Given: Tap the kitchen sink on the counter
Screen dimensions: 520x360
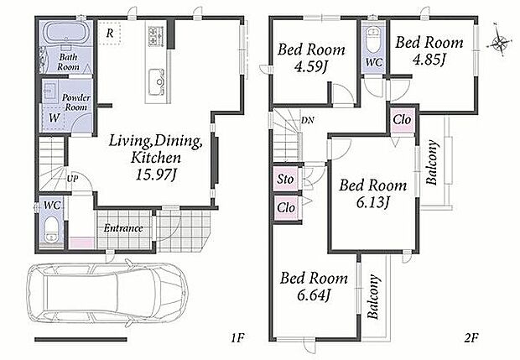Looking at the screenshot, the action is [x=157, y=81].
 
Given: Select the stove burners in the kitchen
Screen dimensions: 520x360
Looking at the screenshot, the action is [x=155, y=36].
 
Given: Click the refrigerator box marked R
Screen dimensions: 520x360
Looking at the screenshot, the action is [x=110, y=33].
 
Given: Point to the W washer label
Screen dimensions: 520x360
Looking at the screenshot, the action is [x=54, y=117].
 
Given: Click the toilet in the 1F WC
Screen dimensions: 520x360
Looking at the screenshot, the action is [x=51, y=229].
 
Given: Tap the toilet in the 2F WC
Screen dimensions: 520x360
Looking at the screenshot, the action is [x=373, y=39].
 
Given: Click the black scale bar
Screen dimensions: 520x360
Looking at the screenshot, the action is [x=81, y=339].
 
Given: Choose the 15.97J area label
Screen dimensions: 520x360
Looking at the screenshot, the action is [x=155, y=175].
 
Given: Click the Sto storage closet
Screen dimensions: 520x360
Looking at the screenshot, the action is [x=285, y=180].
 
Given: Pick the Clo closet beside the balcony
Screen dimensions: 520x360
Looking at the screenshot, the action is [x=402, y=119].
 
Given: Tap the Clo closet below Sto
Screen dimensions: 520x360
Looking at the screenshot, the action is [x=286, y=208].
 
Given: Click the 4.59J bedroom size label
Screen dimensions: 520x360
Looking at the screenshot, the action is [x=310, y=67].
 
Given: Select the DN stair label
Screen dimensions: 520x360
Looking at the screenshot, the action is [x=308, y=120].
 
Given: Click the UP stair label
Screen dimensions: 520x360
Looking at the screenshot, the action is [x=72, y=179].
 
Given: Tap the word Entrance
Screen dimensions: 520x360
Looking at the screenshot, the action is [x=123, y=228].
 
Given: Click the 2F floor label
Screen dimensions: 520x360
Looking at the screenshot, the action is [x=471, y=338].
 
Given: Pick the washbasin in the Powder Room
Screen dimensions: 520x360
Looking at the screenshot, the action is [x=49, y=91].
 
